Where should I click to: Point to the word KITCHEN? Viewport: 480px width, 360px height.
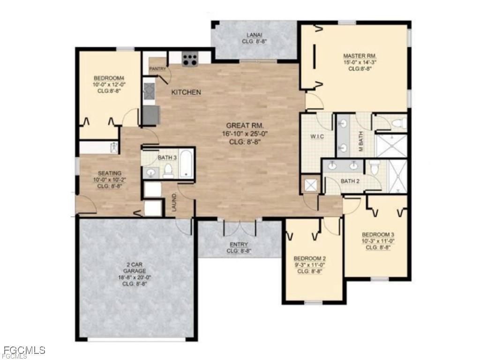point(186,92)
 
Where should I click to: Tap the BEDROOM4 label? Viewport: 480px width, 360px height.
point(109,78)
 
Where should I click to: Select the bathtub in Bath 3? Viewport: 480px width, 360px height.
point(186,164)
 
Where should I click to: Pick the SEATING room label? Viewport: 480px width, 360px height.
point(109,173)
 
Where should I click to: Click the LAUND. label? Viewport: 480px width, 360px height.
point(174,202)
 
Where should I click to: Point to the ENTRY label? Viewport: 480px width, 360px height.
point(239,244)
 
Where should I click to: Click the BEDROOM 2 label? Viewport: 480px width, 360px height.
point(309,258)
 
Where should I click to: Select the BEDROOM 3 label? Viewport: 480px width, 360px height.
point(378,234)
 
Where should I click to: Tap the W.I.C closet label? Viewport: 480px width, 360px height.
point(318,136)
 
